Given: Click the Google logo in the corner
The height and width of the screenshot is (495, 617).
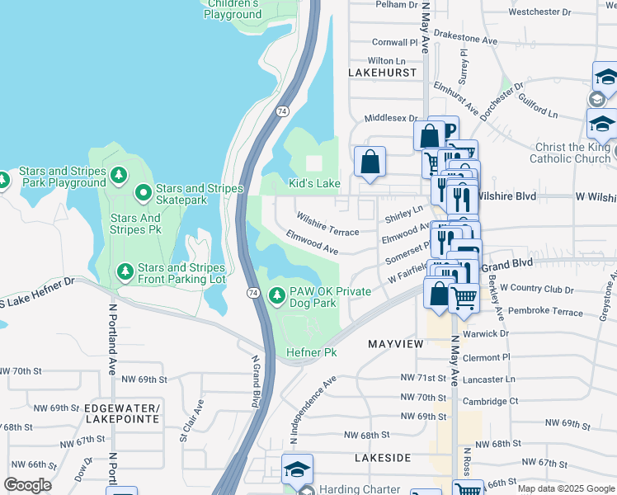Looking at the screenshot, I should (27, 485).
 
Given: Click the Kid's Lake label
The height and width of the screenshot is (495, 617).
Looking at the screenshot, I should (313, 183).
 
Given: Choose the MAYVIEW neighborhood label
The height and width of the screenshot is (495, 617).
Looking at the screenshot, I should (395, 343).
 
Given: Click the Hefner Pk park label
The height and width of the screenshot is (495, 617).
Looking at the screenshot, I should (312, 353).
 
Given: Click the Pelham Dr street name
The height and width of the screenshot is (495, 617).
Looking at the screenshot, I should (398, 5).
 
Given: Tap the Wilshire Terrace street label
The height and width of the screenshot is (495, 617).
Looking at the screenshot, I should (328, 224).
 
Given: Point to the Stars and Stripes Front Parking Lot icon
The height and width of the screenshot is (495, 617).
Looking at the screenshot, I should (125, 271).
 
